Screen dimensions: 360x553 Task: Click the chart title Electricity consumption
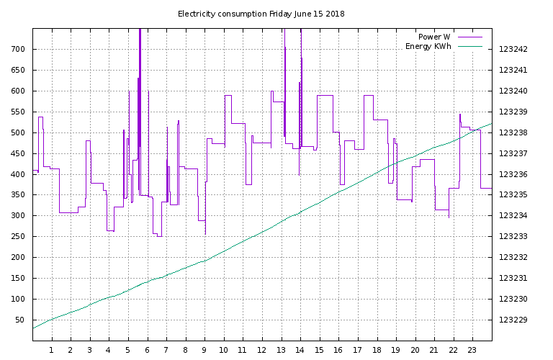click(222, 14)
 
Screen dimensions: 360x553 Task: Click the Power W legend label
click(434, 37)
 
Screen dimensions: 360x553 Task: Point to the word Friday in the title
click(282, 14)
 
